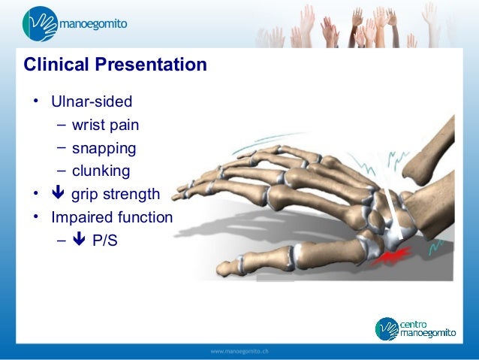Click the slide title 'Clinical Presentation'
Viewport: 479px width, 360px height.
[x=115, y=65]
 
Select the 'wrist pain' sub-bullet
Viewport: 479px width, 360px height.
[x=105, y=125]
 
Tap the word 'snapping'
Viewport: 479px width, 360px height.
[x=104, y=147]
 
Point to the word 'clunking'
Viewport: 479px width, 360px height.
[x=101, y=171]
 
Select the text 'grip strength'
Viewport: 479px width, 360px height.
[x=116, y=195]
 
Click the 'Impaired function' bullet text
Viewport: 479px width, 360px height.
[x=112, y=218]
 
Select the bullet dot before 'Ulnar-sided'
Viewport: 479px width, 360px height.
[x=35, y=101]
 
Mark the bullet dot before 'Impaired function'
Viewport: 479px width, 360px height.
[x=35, y=218]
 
